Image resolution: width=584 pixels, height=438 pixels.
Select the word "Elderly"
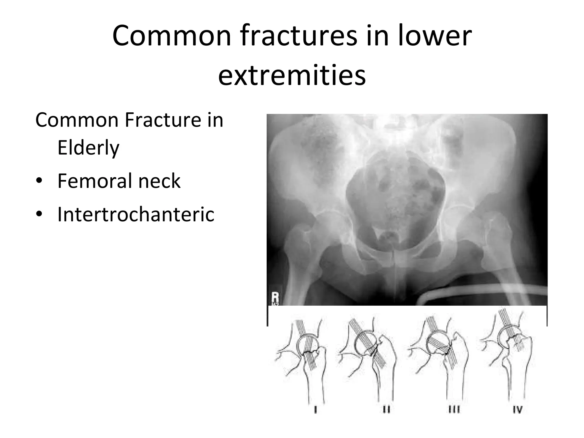[x=88, y=148]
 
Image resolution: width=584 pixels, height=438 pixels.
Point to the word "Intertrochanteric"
[x=136, y=214]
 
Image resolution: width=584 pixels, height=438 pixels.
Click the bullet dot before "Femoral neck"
[x=39, y=181]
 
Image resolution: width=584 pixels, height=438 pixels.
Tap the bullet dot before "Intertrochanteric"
[x=39, y=215]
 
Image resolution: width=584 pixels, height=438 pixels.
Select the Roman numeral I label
[x=315, y=410]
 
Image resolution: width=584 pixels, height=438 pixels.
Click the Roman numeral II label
[x=386, y=410]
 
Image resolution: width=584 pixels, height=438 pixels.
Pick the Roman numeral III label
[x=454, y=410]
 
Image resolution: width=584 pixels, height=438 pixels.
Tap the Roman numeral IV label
[x=518, y=410]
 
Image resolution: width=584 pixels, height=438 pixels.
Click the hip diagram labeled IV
[x=508, y=356]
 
